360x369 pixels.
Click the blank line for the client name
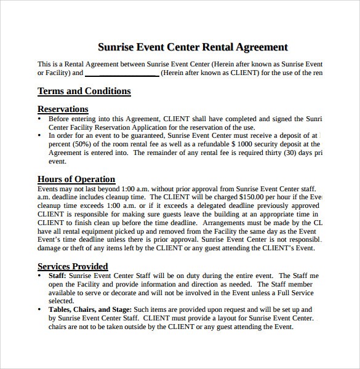(x=121, y=73)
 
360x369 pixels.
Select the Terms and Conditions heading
(x=84, y=92)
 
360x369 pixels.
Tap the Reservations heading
(x=63, y=109)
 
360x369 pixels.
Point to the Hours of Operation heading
(x=76, y=180)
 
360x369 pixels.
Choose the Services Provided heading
(x=73, y=266)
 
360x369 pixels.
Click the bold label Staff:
(x=57, y=276)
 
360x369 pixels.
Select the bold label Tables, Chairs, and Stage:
(x=90, y=310)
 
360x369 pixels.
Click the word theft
(x=79, y=248)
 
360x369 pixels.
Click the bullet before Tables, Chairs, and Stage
(x=41, y=310)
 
